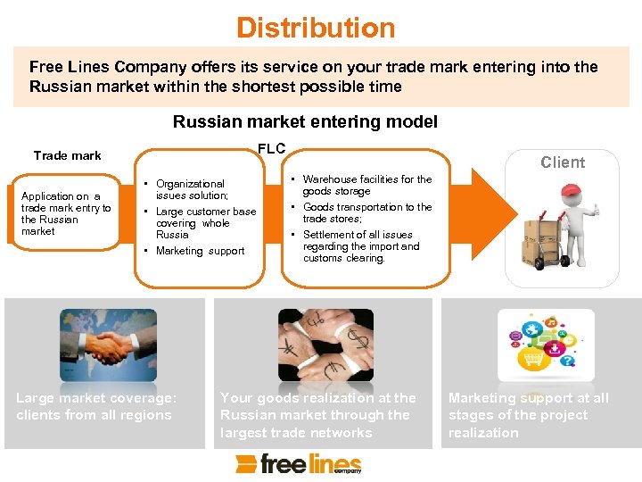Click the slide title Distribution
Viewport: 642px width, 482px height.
(316, 28)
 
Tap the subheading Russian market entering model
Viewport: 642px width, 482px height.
(305, 121)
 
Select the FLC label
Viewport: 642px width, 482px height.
(271, 148)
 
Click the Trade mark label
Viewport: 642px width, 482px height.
(68, 155)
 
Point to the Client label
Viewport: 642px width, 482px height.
(563, 162)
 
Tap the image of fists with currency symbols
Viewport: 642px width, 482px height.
(325, 344)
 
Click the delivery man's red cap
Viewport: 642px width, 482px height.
(571, 193)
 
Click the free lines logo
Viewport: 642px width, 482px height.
(299, 463)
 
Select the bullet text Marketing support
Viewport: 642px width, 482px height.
(200, 251)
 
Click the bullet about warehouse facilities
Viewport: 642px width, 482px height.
(366, 185)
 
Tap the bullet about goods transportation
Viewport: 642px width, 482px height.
(366, 212)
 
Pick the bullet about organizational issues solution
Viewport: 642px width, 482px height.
(192, 189)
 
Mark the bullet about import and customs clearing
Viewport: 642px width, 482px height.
(360, 246)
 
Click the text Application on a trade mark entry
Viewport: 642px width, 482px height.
(66, 213)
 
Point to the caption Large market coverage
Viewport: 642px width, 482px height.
(96, 406)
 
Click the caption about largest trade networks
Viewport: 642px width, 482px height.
(318, 415)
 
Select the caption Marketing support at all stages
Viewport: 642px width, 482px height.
(529, 415)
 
